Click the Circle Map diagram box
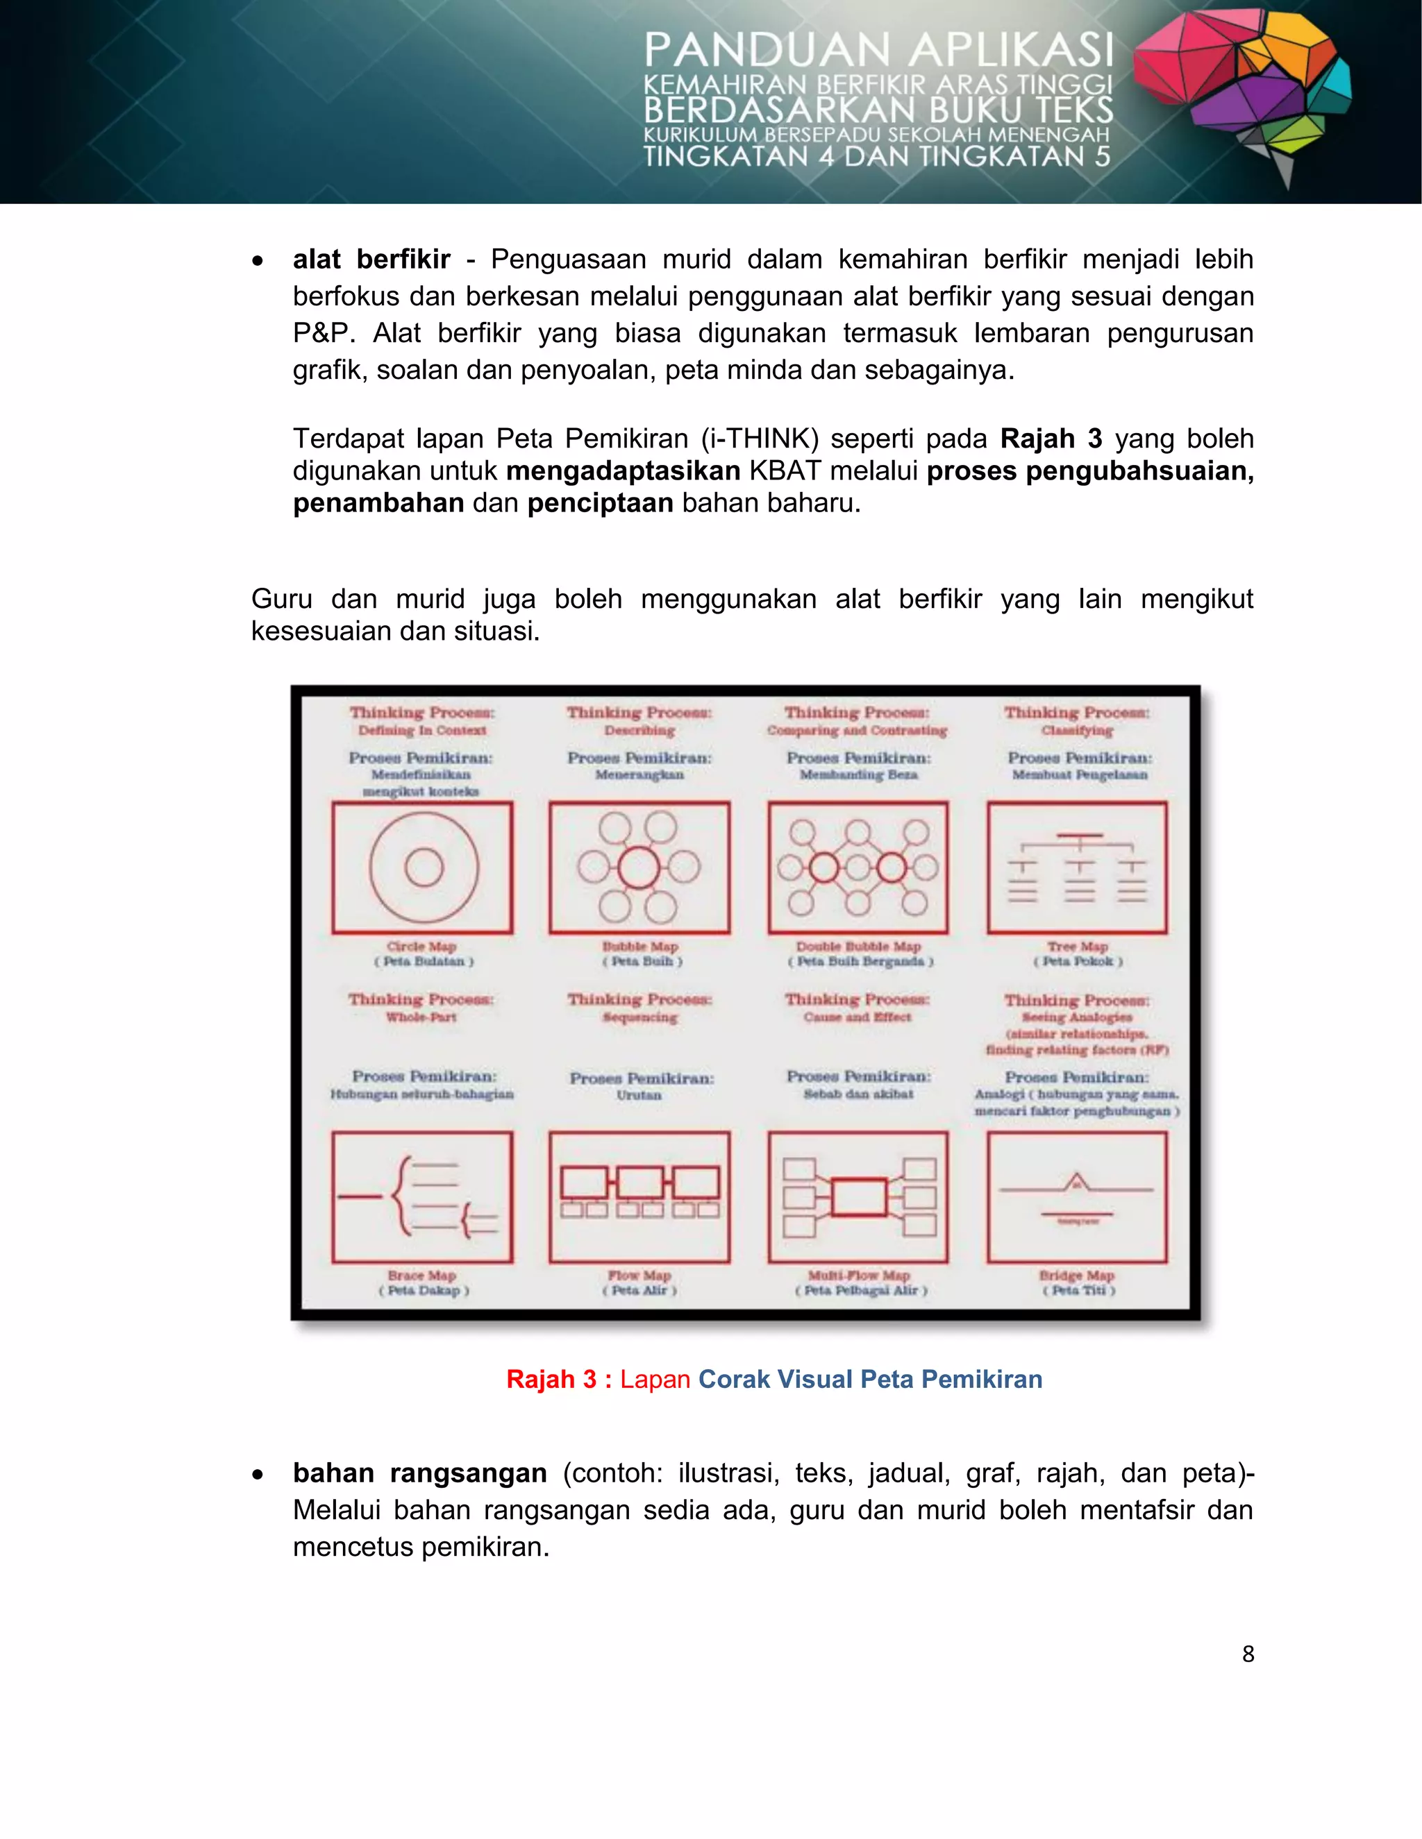click(x=422, y=867)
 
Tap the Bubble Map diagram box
click(x=639, y=867)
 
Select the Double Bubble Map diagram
click(x=858, y=867)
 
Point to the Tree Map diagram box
click(x=1077, y=867)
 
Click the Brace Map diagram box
click(x=422, y=1196)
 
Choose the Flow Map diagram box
click(x=639, y=1196)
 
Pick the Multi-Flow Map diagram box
click(x=858, y=1196)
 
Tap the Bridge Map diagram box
click(x=1077, y=1196)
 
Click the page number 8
click(x=1248, y=1654)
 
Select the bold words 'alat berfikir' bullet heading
click(x=371, y=260)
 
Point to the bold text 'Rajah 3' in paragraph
click(x=1051, y=439)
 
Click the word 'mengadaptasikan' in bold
click(x=624, y=471)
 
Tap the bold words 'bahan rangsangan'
click(x=419, y=1473)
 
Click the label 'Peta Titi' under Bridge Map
click(x=1078, y=1290)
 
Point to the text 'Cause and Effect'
click(x=858, y=1017)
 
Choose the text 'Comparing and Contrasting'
click(x=857, y=731)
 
